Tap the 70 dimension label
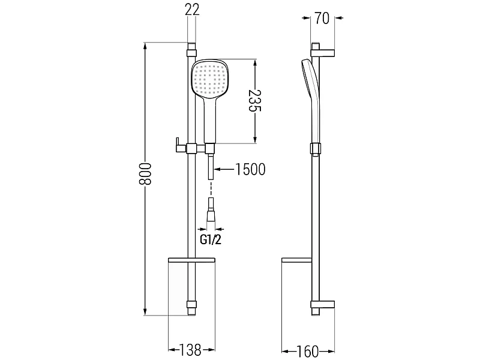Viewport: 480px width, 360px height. pyautogui.click(x=322, y=19)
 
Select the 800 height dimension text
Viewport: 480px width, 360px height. pyautogui.click(x=145, y=174)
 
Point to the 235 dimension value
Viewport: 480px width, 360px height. pyautogui.click(x=254, y=101)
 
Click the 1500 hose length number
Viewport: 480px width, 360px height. pyautogui.click(x=250, y=169)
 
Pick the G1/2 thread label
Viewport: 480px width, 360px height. pyautogui.click(x=211, y=239)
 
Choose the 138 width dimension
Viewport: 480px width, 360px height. pyautogui.click(x=190, y=350)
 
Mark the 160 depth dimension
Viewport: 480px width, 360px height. pyautogui.click(x=308, y=352)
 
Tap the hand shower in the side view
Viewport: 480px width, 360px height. pyautogui.click(x=311, y=101)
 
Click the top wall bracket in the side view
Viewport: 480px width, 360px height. pyautogui.click(x=323, y=51)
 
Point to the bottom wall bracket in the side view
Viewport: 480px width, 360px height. pyautogui.click(x=323, y=307)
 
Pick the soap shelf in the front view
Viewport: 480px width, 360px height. pyautogui.click(x=191, y=260)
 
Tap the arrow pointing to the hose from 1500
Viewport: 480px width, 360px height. pyautogui.click(x=224, y=169)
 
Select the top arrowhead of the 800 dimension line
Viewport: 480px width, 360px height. pyautogui.click(x=145, y=46)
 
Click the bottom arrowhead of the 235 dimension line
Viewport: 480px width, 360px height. pyautogui.click(x=254, y=139)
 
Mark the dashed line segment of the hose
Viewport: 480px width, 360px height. pyautogui.click(x=211, y=188)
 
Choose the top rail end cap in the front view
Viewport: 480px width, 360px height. pyautogui.click(x=191, y=50)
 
